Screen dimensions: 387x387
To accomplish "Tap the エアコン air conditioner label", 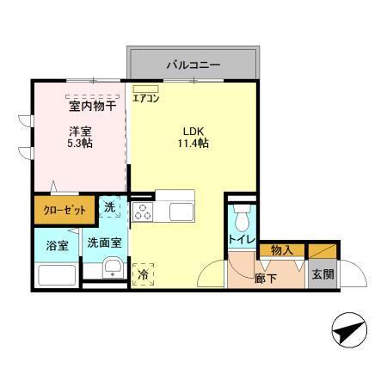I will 145,98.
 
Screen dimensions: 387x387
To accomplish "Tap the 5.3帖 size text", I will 80,144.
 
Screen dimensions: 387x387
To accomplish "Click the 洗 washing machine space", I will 110,207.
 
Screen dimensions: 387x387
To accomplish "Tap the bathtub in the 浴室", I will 57,275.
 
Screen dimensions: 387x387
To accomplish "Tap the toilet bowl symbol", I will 242,214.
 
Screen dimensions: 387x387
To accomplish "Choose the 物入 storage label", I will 282,250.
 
